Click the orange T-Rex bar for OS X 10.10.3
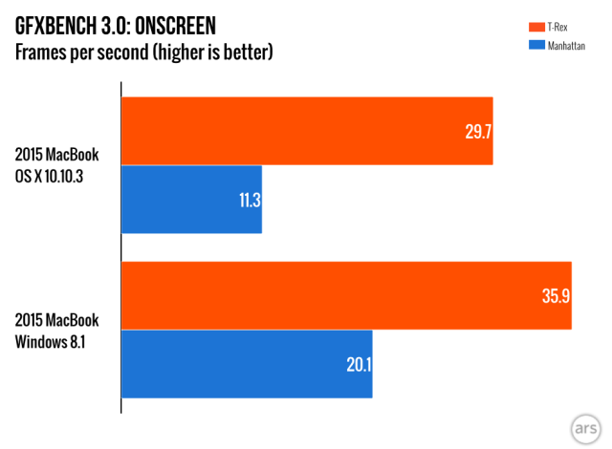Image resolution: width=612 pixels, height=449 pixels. (x=306, y=131)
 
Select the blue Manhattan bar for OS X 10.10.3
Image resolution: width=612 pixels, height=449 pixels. (x=191, y=200)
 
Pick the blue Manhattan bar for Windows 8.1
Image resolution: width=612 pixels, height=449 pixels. (x=247, y=364)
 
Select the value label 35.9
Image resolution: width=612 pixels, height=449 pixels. (x=556, y=296)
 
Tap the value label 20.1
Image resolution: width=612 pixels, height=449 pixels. (x=357, y=364)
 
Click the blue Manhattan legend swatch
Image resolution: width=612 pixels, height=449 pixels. (x=528, y=44)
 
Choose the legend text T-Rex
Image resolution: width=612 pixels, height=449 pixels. (x=557, y=26)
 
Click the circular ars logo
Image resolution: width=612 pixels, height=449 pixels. (x=583, y=427)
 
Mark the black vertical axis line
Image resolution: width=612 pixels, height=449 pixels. (x=120, y=248)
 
